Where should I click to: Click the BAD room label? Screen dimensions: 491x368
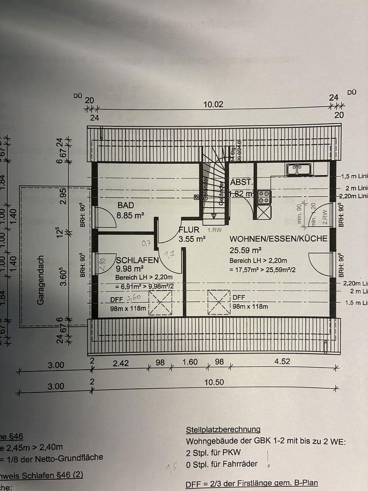pos(125,205)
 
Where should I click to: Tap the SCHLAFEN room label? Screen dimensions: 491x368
pos(138,260)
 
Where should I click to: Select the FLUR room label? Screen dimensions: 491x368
pos(189,230)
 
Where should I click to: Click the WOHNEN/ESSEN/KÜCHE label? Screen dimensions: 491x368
pos(278,239)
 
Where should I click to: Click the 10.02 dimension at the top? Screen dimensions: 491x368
pos(213,104)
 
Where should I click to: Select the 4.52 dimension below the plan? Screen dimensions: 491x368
pos(282,362)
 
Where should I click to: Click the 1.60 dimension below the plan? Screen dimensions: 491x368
pos(190,362)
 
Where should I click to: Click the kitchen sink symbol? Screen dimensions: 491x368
pos(299,170)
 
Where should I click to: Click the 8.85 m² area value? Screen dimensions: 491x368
pos(130,215)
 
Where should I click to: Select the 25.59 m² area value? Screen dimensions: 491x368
pos(245,250)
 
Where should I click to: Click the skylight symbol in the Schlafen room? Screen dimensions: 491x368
pos(161,302)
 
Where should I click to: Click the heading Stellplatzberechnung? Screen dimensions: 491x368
pos(223,430)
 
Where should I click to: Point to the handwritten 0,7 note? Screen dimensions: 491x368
pos(146,244)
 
